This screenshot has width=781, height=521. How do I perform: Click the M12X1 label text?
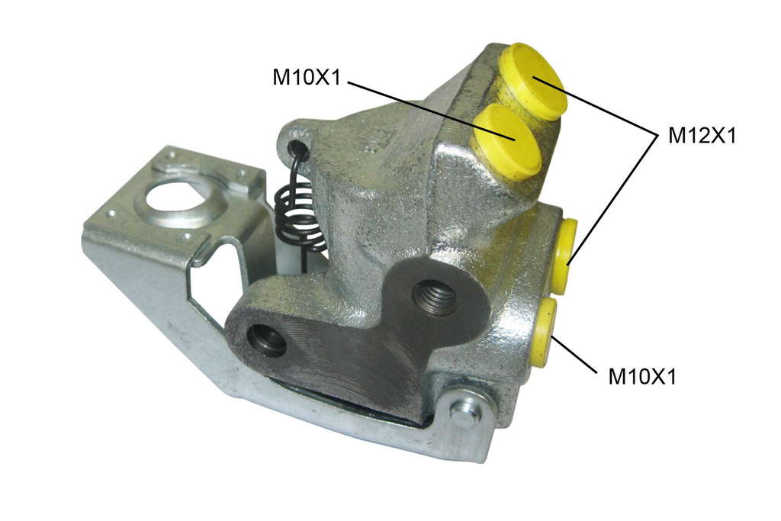click(x=702, y=135)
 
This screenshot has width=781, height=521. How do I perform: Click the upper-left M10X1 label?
click(x=306, y=77)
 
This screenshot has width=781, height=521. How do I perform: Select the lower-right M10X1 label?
click(x=642, y=376)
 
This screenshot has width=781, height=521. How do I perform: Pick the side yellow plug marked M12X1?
click(x=567, y=256)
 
